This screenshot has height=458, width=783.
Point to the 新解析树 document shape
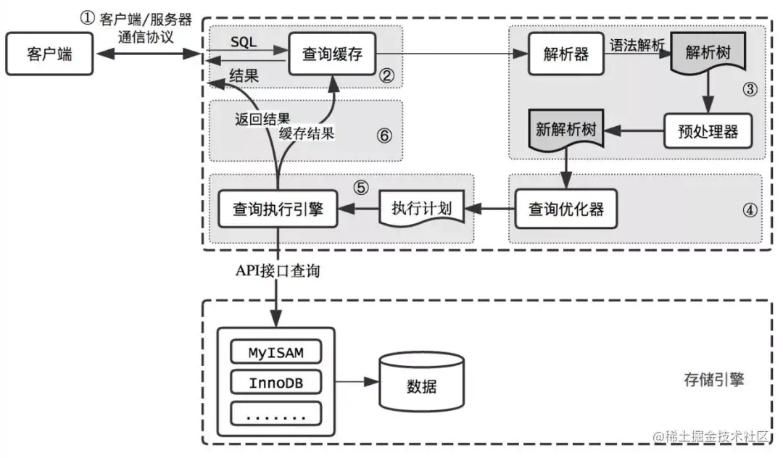click(565, 130)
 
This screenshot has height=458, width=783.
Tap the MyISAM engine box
click(275, 352)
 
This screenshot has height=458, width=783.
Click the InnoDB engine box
click(275, 383)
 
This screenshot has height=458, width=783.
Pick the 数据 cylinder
click(421, 383)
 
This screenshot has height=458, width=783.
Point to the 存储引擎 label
click(713, 379)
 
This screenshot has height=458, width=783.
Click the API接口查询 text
click(278, 270)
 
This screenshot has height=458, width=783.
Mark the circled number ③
click(750, 91)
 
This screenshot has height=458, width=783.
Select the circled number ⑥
click(384, 135)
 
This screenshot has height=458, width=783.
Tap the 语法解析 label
click(637, 45)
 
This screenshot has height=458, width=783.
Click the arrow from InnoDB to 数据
click(355, 382)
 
